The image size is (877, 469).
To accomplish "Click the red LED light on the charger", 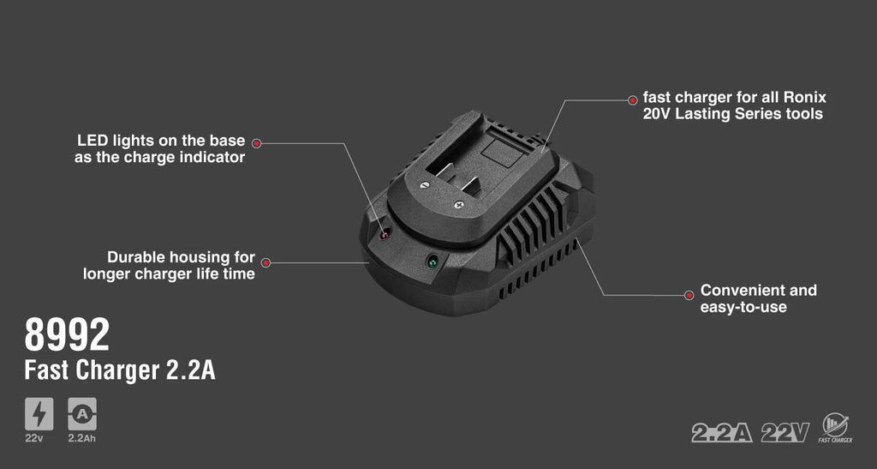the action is point(385,235).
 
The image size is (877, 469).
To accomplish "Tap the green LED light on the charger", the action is point(432,262).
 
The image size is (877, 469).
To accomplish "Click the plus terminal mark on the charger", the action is point(459,205).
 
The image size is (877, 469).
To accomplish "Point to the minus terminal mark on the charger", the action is point(424,184).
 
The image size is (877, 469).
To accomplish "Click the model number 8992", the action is point(67,334).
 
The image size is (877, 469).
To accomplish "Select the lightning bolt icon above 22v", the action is point(39,414).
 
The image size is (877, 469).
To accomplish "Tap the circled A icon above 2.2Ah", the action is point(82,414).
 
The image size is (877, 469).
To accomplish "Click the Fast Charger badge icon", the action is point(836,428).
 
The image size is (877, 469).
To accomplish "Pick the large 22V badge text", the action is point(785,433).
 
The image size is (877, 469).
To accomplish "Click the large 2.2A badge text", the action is point(721,433).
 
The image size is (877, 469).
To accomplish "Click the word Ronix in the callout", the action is point(805,98).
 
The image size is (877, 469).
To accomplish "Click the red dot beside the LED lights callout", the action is point(257,143).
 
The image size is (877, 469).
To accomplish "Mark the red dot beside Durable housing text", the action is point(266,262).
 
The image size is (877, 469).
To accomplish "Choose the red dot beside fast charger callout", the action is point(633,100).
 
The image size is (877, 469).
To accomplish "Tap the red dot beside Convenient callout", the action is point(689,295).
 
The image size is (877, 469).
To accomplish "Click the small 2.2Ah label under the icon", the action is point(81,438).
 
